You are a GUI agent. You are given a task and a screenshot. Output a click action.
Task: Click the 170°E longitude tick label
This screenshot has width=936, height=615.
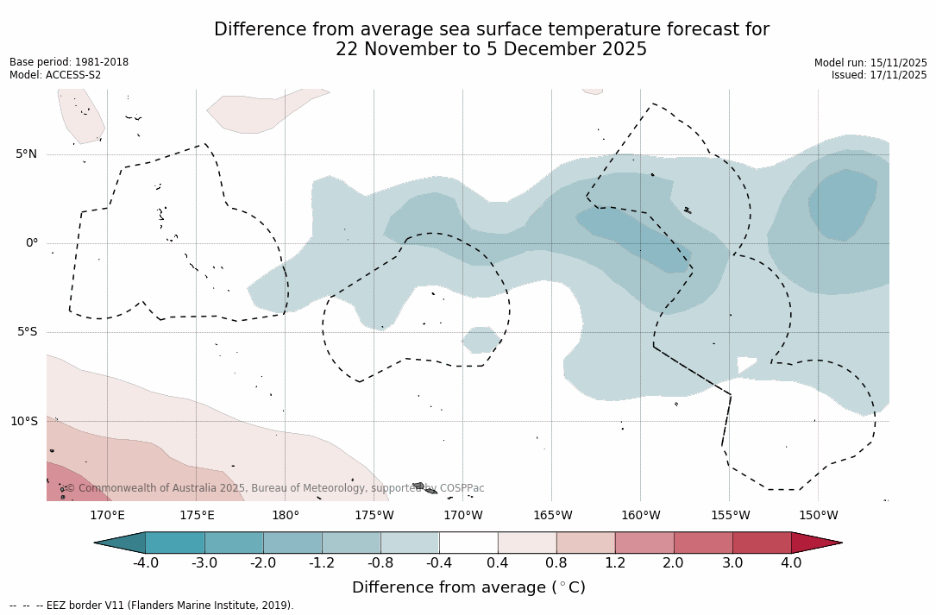click(107, 516)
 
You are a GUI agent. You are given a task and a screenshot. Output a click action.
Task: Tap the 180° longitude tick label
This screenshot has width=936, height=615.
click(286, 516)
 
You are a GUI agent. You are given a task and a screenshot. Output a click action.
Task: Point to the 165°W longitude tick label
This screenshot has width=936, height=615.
click(552, 516)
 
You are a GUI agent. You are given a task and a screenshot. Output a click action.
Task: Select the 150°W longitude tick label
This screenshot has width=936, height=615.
click(819, 516)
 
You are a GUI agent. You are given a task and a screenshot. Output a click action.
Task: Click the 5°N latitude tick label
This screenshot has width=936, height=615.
click(26, 154)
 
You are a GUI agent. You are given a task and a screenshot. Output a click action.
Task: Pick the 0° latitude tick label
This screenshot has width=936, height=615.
click(32, 243)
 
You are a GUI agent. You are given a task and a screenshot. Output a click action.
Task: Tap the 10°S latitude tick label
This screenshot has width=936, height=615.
click(24, 422)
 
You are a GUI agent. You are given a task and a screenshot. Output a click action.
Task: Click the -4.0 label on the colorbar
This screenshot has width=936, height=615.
click(145, 563)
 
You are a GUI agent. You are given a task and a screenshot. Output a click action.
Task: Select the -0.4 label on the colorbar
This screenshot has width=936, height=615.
click(438, 563)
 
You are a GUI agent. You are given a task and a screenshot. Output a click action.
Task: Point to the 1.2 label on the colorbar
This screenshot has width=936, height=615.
click(615, 563)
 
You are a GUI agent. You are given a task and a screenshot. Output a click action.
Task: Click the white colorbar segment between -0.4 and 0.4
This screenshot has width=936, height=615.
click(468, 543)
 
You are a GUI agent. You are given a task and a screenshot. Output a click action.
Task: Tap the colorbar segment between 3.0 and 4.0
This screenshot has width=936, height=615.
click(762, 543)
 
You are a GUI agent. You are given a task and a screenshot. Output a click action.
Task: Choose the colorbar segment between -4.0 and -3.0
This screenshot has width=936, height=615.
click(175, 543)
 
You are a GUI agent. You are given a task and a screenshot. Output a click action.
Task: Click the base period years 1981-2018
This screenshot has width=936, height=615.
click(100, 62)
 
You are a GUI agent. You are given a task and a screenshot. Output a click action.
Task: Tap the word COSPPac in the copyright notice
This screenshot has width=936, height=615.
click(462, 488)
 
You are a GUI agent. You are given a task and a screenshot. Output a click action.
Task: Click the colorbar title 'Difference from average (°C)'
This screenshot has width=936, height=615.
click(468, 587)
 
